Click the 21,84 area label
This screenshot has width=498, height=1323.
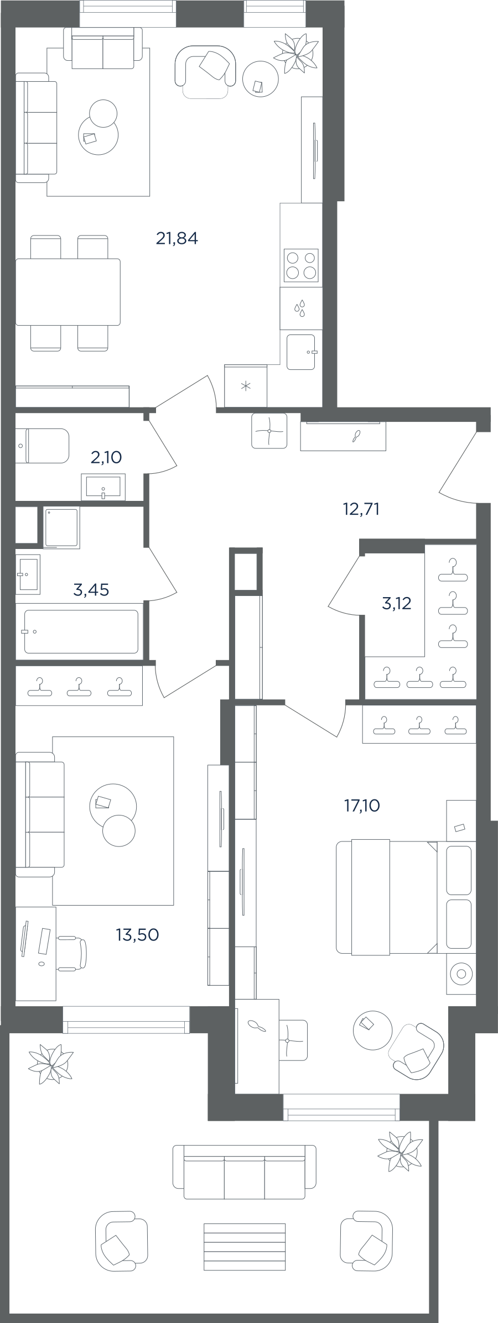(x=177, y=238)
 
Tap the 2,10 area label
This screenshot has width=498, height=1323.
(x=106, y=457)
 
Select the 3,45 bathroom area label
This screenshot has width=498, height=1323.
(x=91, y=590)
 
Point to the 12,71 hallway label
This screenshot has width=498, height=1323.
(x=361, y=509)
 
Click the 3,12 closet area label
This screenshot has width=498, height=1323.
(x=397, y=603)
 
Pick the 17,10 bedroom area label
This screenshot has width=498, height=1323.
(x=362, y=806)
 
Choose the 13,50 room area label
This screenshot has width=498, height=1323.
(x=137, y=934)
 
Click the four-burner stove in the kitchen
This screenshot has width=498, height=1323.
(x=301, y=265)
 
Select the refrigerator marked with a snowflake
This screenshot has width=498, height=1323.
(x=246, y=385)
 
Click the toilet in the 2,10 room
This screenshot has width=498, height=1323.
(x=42, y=446)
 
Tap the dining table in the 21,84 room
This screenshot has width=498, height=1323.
(x=68, y=292)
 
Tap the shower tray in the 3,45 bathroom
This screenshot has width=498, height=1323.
(x=61, y=527)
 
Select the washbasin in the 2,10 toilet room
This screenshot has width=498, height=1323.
(x=103, y=487)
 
